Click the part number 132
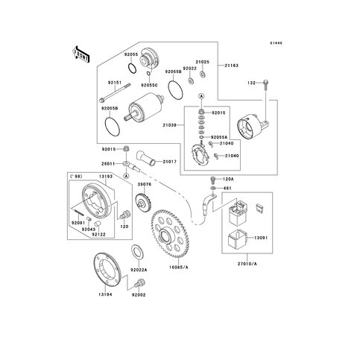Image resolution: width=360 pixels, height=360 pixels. tap(252, 83)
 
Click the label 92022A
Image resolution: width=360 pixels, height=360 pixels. tap(139, 271)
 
